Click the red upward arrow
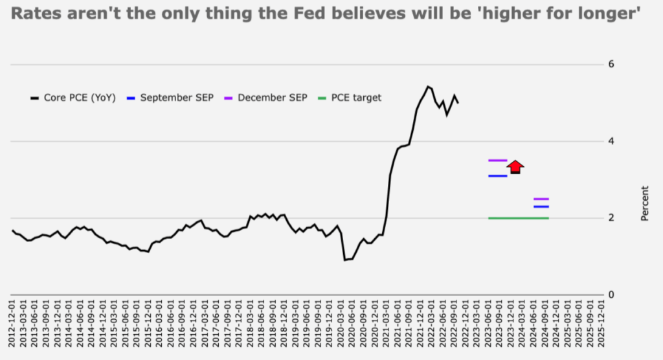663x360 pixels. coord(515,166)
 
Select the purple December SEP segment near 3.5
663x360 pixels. coord(497,160)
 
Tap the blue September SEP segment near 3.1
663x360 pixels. coord(497,175)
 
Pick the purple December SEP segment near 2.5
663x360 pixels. coord(541,199)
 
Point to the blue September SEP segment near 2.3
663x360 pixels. coord(541,207)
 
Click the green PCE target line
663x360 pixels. coord(518,218)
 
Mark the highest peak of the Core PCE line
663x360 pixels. coord(427,86)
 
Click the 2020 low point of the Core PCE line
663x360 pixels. coord(345,260)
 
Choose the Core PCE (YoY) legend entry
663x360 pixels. coord(73,98)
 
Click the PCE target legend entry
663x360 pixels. coord(350,98)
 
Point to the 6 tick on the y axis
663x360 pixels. coord(610,65)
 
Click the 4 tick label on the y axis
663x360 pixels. coord(610,141)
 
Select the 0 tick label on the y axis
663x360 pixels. coord(610,295)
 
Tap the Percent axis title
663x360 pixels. coord(645,203)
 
